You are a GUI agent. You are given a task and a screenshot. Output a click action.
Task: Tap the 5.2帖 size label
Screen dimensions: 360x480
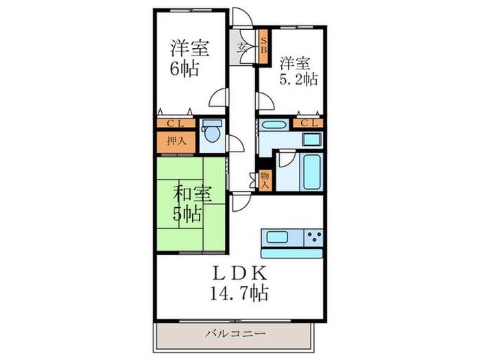click(298, 79)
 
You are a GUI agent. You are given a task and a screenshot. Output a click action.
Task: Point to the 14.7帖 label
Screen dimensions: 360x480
click(239, 294)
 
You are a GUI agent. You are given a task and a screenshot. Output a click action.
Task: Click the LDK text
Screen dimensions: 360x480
click(239, 273)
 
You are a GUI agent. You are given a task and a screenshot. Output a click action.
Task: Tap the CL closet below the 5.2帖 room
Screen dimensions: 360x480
click(307, 123)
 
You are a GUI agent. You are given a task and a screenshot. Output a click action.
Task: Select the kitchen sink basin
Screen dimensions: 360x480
click(278, 238)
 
